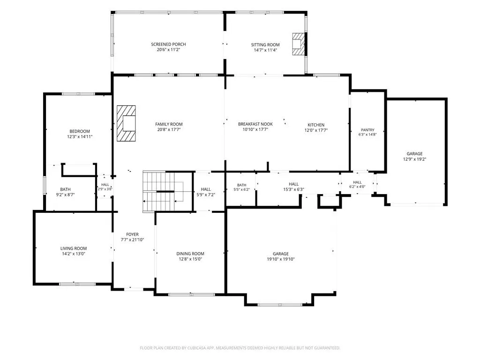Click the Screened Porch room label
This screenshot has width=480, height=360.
tap(168, 45)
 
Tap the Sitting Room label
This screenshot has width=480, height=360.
tap(265, 45)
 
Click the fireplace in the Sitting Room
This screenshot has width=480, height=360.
tap(299, 44)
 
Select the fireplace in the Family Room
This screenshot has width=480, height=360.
tap(126, 123)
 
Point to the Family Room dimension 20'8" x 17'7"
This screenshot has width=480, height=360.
tap(169, 129)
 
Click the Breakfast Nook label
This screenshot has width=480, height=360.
tap(255, 124)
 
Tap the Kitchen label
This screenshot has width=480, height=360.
tap(316, 125)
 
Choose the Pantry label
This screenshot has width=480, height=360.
tap(367, 130)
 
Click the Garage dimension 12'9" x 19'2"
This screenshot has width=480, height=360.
tap(414, 159)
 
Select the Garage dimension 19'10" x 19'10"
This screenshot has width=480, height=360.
tap(281, 259)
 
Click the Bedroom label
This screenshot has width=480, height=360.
tap(80, 131)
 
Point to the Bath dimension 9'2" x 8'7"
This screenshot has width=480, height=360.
tap(65, 195)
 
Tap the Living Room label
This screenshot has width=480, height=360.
tap(74, 248)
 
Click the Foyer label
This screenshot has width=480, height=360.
tap(132, 234)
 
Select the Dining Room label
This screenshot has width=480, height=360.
tap(190, 254)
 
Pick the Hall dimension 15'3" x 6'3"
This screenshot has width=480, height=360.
tap(293, 189)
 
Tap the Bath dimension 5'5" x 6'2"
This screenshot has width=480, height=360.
tap(241, 189)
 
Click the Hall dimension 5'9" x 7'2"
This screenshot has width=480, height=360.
tap(206, 195)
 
